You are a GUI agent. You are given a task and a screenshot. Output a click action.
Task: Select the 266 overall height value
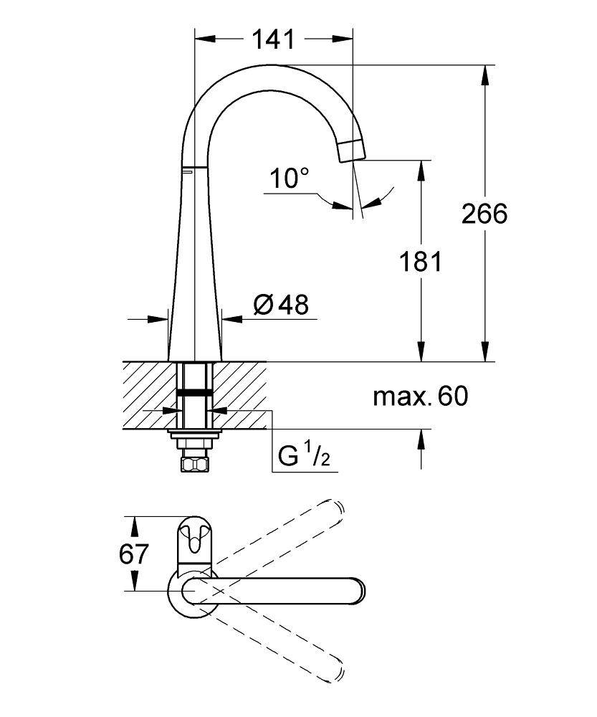pos(484,213)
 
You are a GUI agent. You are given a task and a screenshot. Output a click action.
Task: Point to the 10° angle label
pos(290,178)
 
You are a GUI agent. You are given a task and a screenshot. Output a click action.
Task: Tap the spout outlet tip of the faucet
pos(353,152)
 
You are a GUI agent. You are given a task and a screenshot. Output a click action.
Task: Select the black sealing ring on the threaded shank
pos(194,392)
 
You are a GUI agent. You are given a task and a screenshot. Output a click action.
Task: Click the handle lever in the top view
pos(194,543)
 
